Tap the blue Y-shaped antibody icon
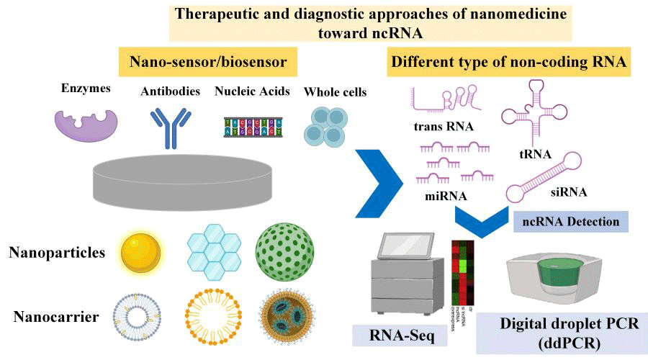click(x=168, y=127)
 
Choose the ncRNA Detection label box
click(x=571, y=221)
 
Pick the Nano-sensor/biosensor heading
click(x=213, y=63)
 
